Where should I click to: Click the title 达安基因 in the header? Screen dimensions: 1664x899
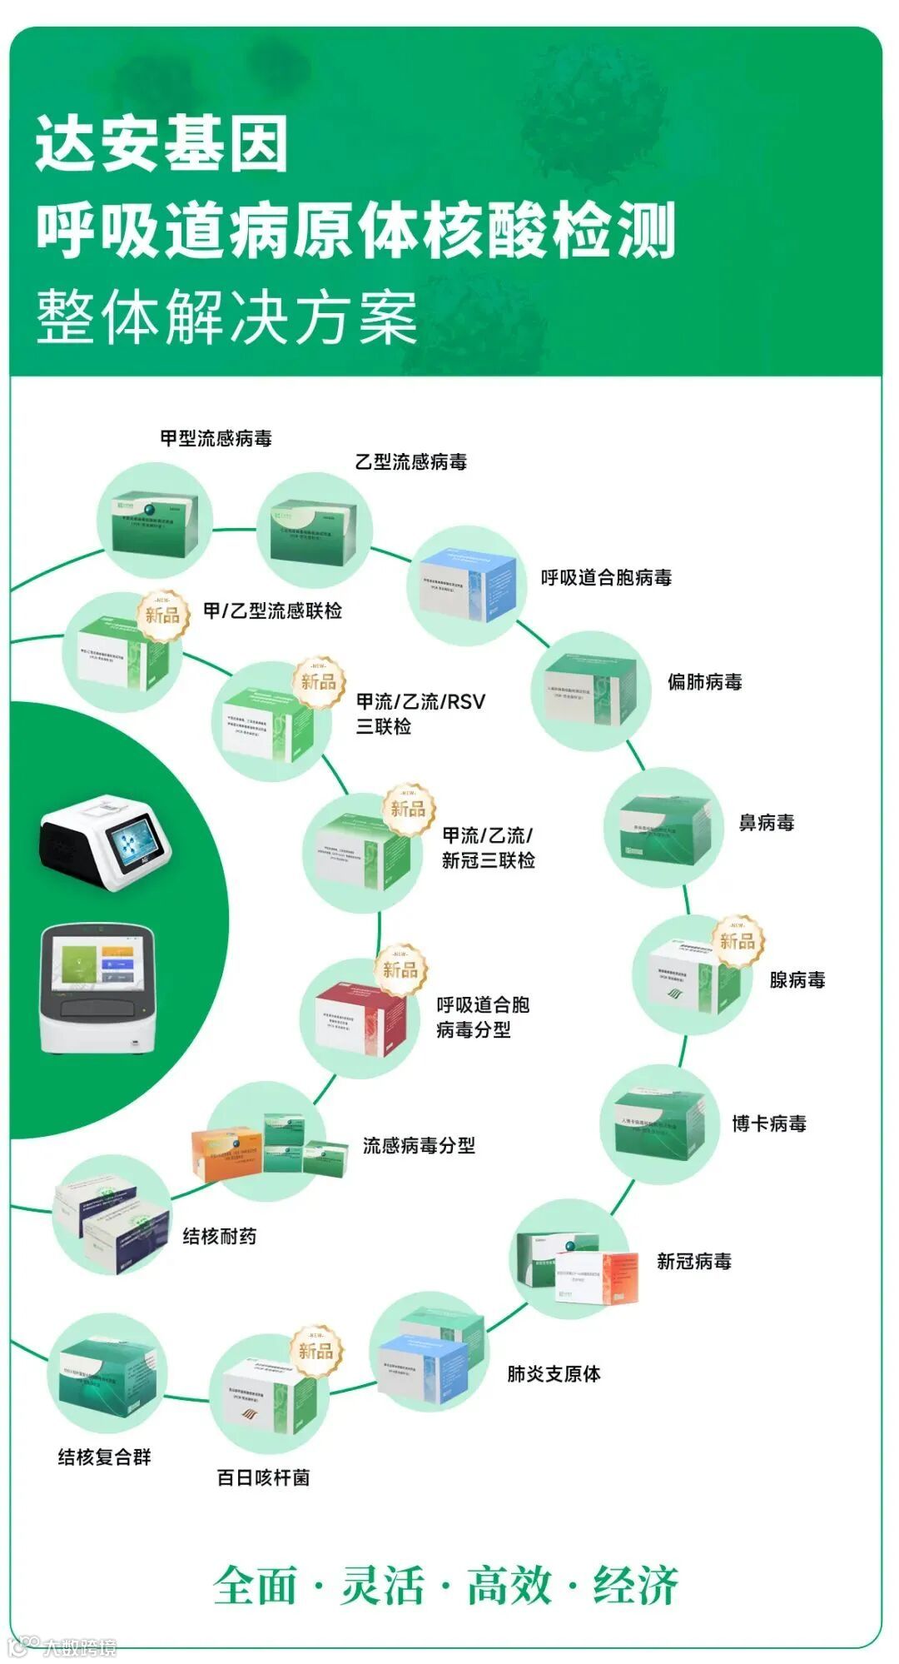coord(161,143)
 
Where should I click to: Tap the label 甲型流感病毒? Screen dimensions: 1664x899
coord(216,438)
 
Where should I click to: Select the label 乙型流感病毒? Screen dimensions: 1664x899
coord(410,461)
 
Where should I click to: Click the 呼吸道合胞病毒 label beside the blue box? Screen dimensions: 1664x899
coord(606,577)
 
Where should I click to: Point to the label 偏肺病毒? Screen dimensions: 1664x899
coord(704,682)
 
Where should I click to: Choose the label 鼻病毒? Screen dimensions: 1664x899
coord(766,823)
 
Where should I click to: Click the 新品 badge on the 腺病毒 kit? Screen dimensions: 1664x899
coord(737,941)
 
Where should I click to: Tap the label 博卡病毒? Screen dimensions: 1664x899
coord(768,1123)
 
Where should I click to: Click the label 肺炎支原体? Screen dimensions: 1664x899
coord(554,1373)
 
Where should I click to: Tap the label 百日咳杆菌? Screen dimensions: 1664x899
coord(263,1477)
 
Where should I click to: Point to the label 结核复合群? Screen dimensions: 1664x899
coord(104,1457)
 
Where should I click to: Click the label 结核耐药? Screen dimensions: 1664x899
coord(219,1236)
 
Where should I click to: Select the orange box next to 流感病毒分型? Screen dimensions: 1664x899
coord(226,1154)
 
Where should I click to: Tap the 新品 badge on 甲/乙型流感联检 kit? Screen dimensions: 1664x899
coord(162,615)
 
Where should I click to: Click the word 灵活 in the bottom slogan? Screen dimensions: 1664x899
coord(382,1584)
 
